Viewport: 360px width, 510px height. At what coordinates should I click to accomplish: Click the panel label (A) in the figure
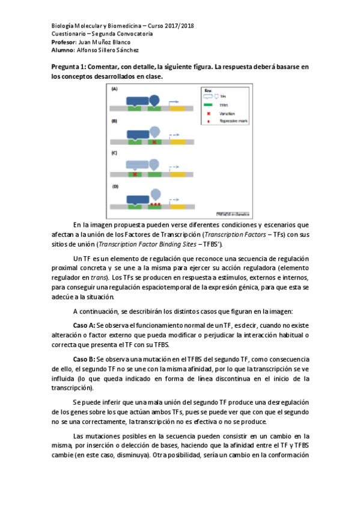pos(114,89)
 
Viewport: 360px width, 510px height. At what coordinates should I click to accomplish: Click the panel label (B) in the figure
pos(114,121)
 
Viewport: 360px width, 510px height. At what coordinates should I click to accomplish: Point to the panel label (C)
pos(114,153)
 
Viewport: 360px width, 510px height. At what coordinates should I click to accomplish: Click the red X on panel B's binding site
pos(154,143)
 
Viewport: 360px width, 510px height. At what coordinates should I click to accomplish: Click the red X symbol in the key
pos(208,112)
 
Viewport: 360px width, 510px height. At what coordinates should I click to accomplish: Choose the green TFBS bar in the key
pos(209,104)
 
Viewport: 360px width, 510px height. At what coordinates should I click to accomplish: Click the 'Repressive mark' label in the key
pos(231,121)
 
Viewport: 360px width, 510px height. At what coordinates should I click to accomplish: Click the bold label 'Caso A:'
pos(84,325)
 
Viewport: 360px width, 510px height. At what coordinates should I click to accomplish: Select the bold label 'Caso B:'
pos(84,359)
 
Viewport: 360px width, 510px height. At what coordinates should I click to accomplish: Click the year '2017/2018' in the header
pos(178,26)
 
